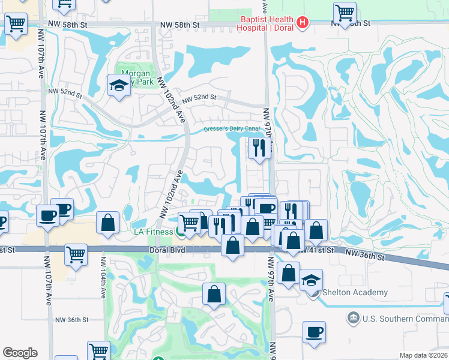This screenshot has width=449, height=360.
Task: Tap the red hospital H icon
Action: pos(303,23)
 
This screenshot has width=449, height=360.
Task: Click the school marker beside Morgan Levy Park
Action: pos(119,85)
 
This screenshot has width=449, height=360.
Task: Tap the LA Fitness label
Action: pos(152,231)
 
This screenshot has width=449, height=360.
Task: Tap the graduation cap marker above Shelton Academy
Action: pos(311,280)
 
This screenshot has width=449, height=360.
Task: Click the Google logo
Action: pos(20,352)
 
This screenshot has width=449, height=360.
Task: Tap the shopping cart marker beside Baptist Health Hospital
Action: pos(345,13)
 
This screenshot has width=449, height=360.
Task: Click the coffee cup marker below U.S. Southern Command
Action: pos(313,332)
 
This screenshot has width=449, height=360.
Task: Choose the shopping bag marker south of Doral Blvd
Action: pos(214,294)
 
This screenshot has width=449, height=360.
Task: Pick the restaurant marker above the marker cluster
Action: pos(259,148)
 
